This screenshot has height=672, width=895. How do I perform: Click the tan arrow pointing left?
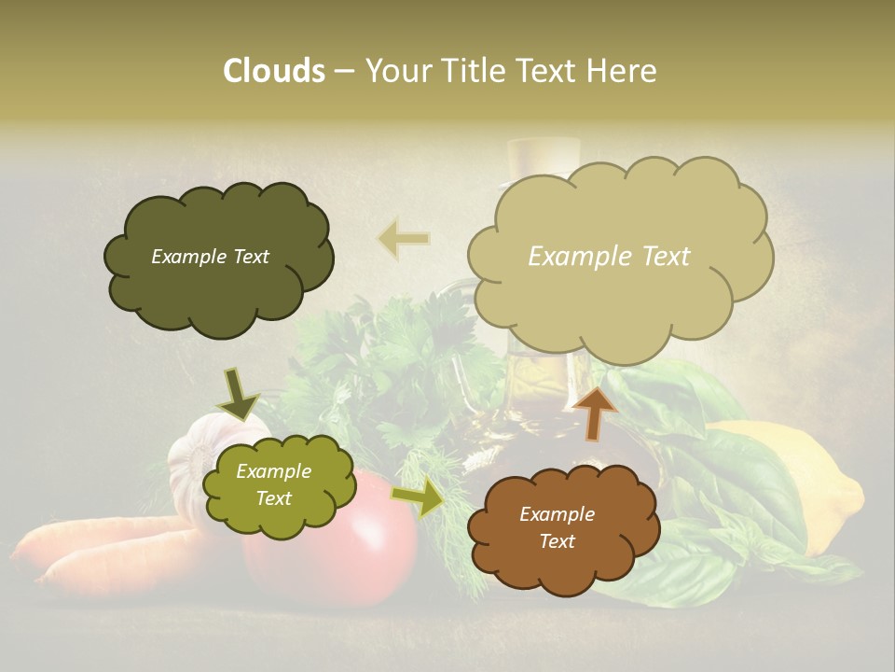pos(404,240)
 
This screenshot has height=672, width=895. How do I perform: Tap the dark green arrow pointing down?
pos(238,394)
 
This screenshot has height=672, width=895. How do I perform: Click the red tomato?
pos(373,560)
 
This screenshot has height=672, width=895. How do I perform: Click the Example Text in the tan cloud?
pos(609,257)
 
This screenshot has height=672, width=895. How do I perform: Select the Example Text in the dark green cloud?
pos(210,257)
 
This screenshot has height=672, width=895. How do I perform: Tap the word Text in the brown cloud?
pos(558,541)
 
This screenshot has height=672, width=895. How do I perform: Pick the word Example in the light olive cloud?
pos(273,472)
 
